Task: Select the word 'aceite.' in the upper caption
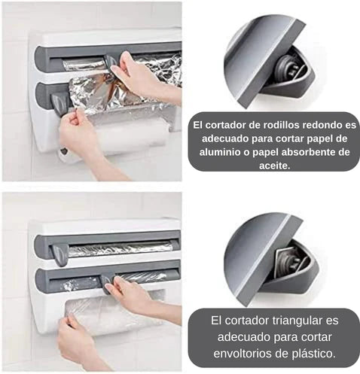(x=274, y=166)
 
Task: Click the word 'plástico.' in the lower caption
(x=314, y=354)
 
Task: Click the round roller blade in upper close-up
(x=288, y=67)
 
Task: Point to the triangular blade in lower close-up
(x=287, y=261)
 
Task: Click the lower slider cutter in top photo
(x=59, y=104)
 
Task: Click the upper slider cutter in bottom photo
(x=59, y=255)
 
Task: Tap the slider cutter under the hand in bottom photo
(x=106, y=284)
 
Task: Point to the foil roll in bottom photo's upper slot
(x=121, y=250)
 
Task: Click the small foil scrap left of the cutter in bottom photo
(x=70, y=285)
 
